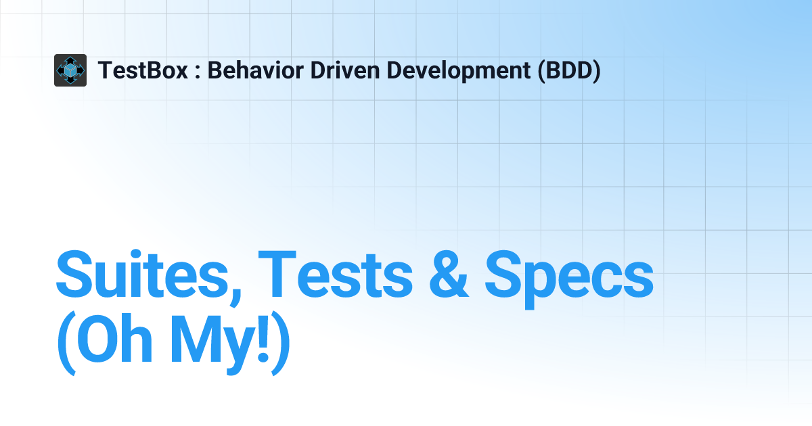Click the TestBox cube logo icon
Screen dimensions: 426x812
point(70,70)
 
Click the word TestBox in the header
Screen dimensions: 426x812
point(143,70)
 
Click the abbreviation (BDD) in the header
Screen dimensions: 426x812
point(569,70)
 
